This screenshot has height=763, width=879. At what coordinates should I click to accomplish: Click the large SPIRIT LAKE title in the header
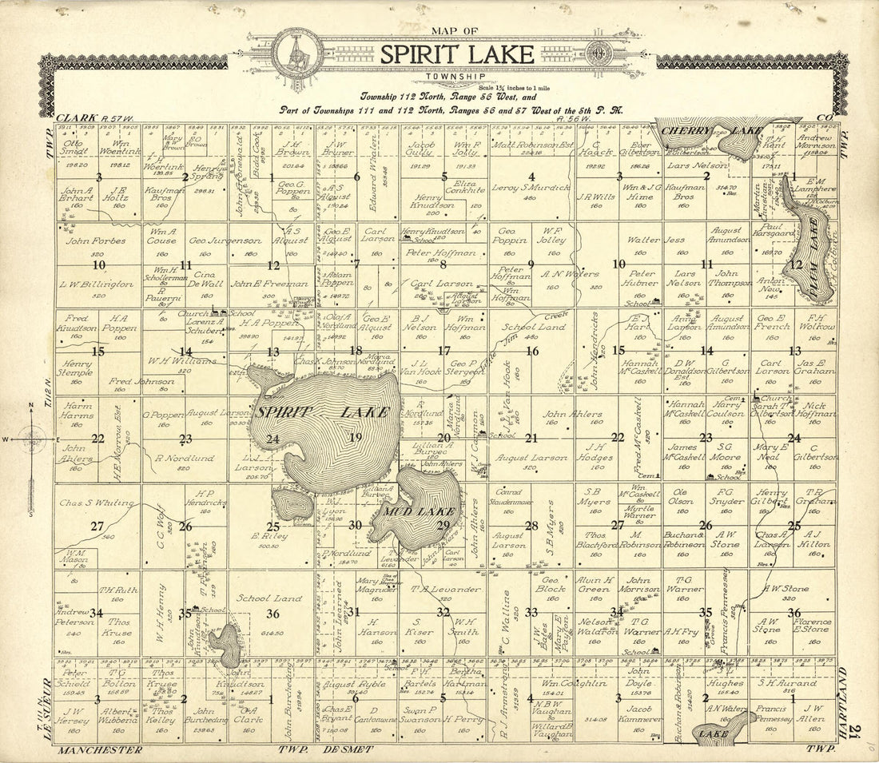coord(456,54)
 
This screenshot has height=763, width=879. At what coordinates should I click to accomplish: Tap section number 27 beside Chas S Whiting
coord(97,526)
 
